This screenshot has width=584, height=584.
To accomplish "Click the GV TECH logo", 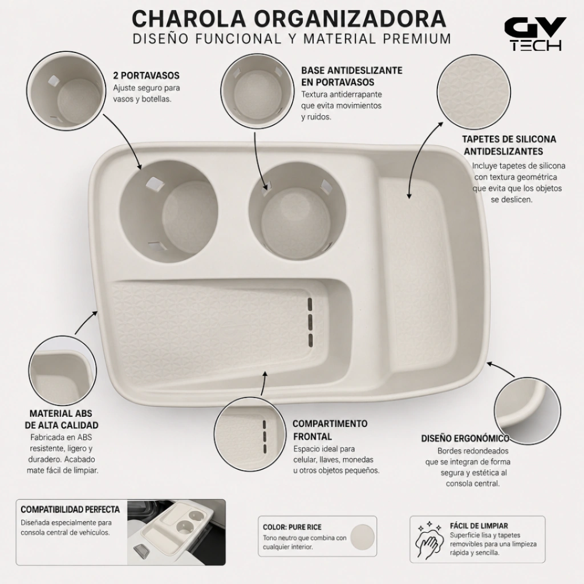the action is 535,33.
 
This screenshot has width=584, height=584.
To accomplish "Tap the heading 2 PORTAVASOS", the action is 147,76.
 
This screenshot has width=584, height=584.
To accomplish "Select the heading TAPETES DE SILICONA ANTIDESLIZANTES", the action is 509,145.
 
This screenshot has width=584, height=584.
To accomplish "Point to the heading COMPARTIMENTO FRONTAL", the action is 330,430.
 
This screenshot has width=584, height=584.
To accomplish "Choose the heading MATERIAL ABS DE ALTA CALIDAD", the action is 62,419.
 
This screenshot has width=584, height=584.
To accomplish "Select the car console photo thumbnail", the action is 176,532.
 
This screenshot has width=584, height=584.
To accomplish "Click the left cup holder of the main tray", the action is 168,211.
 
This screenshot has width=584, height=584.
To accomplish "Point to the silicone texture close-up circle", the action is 473,92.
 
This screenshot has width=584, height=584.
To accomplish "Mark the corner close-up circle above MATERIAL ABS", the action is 62,370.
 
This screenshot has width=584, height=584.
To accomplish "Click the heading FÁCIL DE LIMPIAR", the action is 478,526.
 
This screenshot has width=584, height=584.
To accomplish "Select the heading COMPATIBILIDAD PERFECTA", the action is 70,509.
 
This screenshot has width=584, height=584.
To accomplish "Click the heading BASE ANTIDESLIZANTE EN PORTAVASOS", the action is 351,76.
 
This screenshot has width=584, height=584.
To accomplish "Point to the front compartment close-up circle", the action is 250,434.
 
